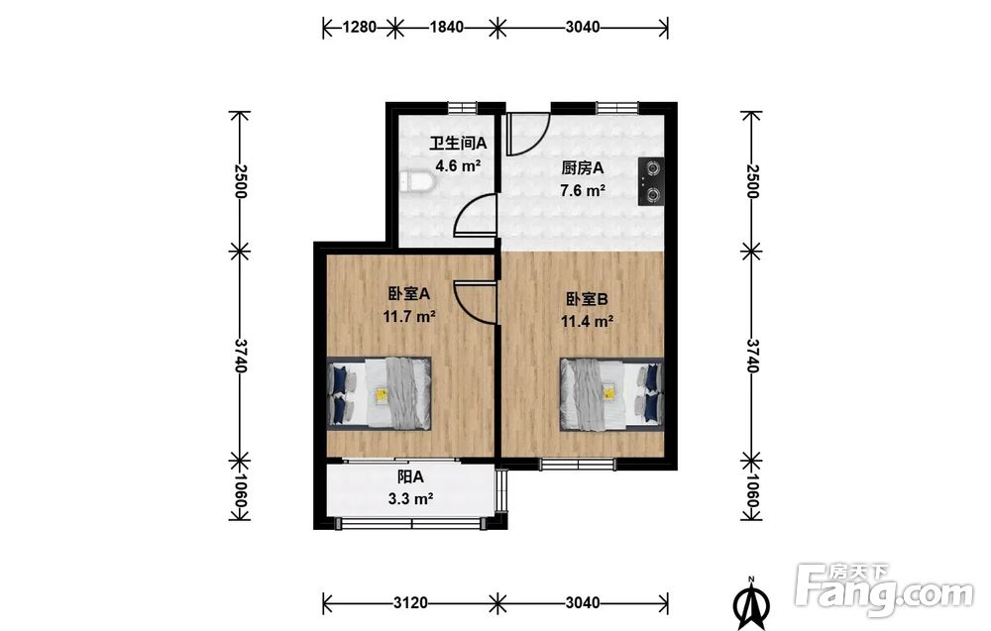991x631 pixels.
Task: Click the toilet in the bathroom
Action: (x=417, y=182)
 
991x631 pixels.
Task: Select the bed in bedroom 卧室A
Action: (x=380, y=394)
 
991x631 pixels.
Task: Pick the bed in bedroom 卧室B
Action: (x=611, y=394)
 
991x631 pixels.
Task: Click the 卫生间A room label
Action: (x=458, y=144)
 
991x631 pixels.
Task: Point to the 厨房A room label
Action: (x=583, y=168)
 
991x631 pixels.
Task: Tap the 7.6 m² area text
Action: (x=583, y=189)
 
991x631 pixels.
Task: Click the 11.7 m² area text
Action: (x=409, y=316)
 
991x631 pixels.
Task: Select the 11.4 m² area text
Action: (x=587, y=321)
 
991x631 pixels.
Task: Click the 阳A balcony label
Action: (x=411, y=476)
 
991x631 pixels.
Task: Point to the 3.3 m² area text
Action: (x=411, y=499)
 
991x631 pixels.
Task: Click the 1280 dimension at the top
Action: (x=360, y=27)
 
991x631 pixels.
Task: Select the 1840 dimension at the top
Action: (x=446, y=27)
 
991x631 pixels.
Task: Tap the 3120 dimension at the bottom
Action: (x=411, y=602)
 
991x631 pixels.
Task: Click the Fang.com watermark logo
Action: (x=885, y=590)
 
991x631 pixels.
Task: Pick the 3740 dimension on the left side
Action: (x=240, y=355)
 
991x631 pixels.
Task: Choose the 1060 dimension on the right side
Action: (x=751, y=487)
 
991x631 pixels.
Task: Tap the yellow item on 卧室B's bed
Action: (x=608, y=392)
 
